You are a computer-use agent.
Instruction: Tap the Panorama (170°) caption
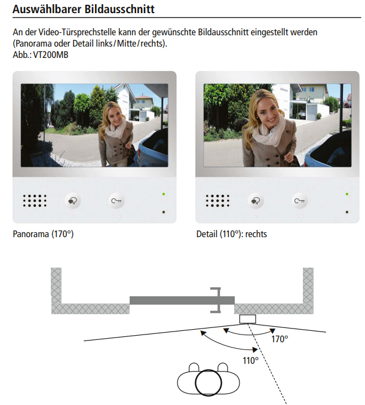pos(43,234)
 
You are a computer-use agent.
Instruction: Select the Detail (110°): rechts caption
pos(231,234)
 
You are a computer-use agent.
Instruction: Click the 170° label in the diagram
pos(280,339)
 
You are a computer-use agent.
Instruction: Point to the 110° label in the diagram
pos(251,360)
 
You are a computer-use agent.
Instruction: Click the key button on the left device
pos(116,201)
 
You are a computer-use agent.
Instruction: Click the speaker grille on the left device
pos(35,201)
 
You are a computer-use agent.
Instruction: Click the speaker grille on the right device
pos(217,201)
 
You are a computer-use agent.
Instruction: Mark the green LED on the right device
pos(346,194)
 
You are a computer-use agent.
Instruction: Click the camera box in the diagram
pos(247,319)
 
